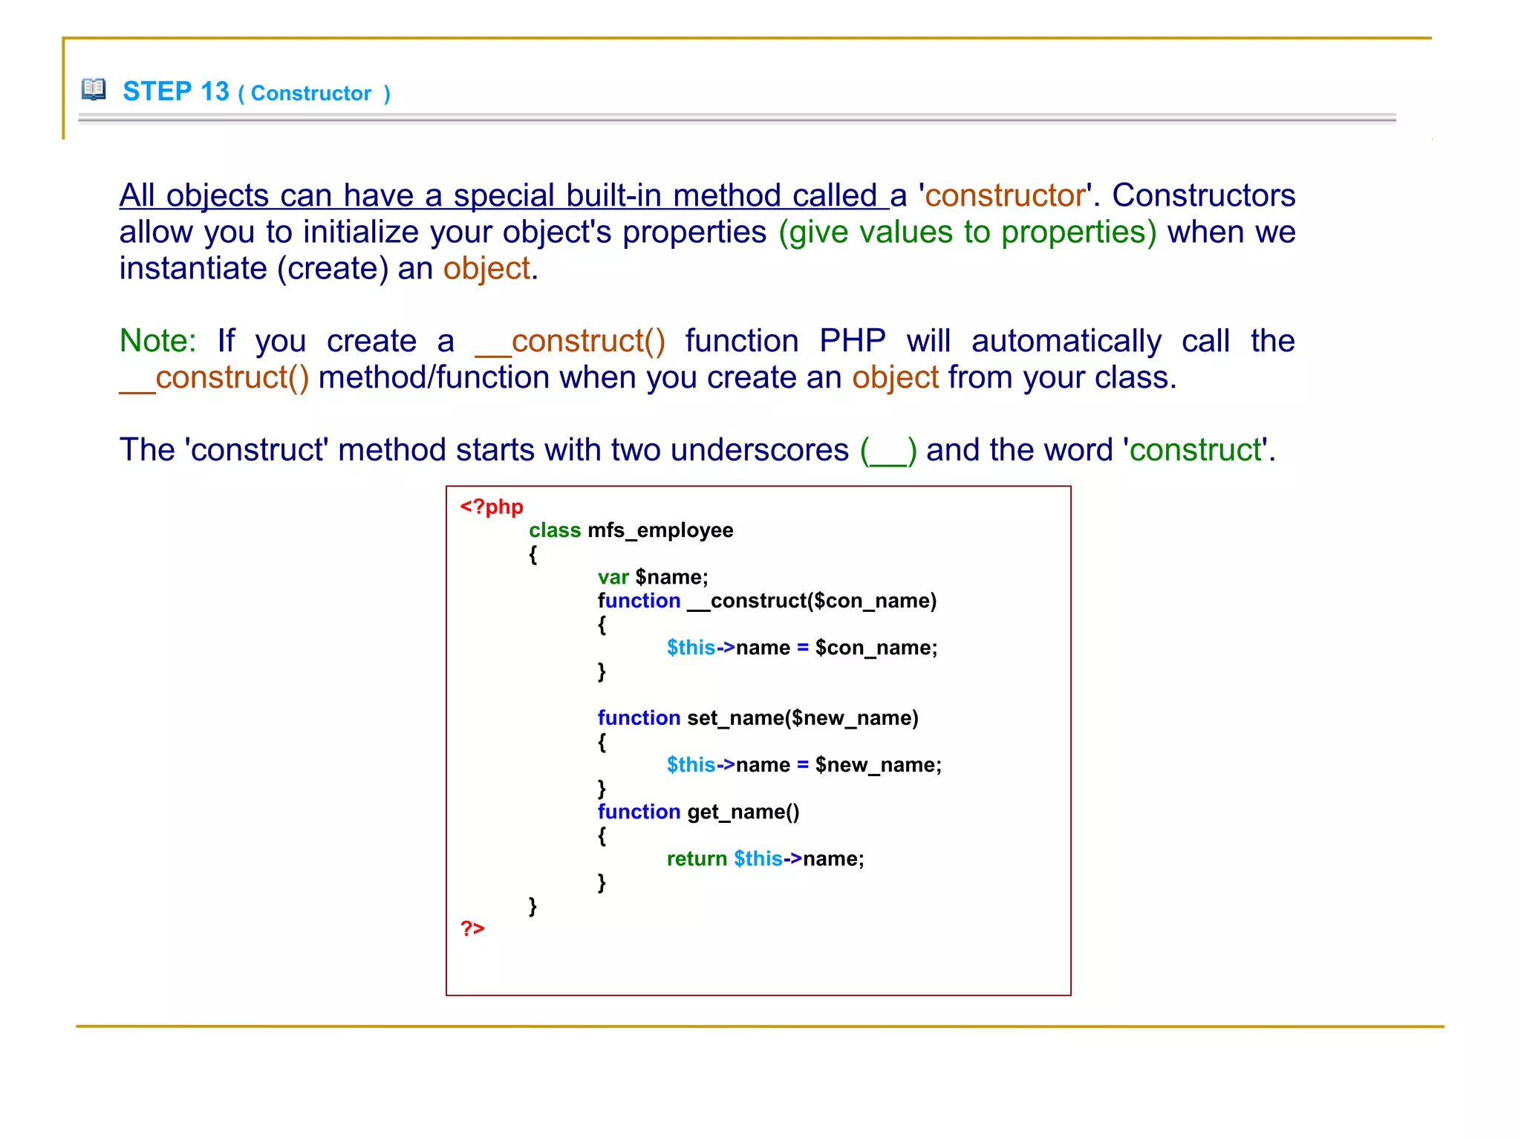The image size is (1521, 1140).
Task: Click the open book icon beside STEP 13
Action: point(94,89)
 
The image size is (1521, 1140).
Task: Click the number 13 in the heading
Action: point(215,91)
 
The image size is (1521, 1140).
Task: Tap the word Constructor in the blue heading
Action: point(310,94)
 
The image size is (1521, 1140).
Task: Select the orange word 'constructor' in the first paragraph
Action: point(1005,195)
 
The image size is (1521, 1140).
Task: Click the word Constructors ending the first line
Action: point(1203,195)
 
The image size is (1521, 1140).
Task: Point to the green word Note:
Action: point(157,341)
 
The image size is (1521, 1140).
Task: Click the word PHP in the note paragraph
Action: point(852,341)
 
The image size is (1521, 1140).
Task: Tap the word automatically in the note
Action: point(1066,341)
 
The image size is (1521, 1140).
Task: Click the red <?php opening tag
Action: point(492,507)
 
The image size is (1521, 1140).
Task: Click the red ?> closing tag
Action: point(472,928)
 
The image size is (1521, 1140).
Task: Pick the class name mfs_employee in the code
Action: point(660,530)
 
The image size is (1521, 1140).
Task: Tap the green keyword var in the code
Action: point(613,577)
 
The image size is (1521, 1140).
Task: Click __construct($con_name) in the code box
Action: point(812,601)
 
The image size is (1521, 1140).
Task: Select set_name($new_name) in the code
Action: point(803,718)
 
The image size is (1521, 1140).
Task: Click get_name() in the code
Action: point(743,812)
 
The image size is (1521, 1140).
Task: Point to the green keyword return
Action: point(697,859)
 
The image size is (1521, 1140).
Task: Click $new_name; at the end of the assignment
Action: point(878,765)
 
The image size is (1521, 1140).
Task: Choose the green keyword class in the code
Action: point(555,530)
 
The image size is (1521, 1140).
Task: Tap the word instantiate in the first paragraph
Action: point(193,268)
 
